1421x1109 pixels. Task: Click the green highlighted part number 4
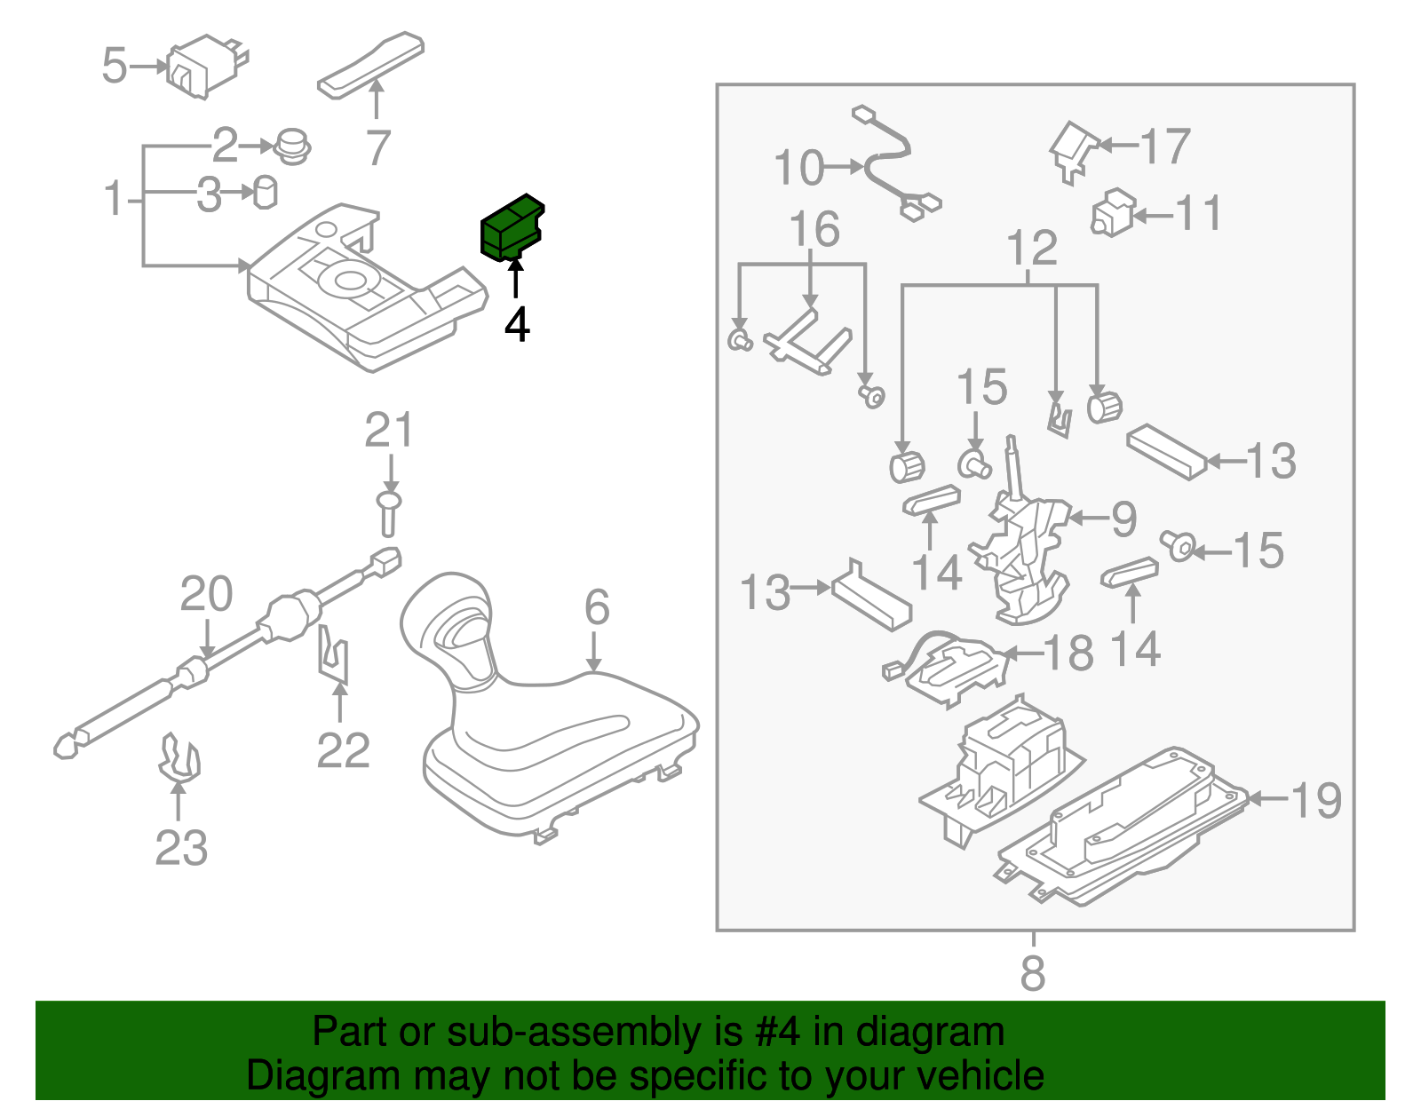point(511,227)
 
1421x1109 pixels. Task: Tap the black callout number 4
point(517,325)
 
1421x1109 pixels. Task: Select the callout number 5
point(115,66)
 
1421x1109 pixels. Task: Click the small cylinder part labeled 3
point(266,192)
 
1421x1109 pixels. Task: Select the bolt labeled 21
point(389,513)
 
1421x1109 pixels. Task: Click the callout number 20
point(206,594)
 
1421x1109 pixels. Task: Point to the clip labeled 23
point(179,759)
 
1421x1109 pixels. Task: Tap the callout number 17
point(1164,147)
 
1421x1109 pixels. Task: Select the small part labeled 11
point(1112,214)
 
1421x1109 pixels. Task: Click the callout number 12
point(1032,248)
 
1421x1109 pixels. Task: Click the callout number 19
point(1315,801)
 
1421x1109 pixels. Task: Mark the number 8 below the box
point(1032,973)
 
